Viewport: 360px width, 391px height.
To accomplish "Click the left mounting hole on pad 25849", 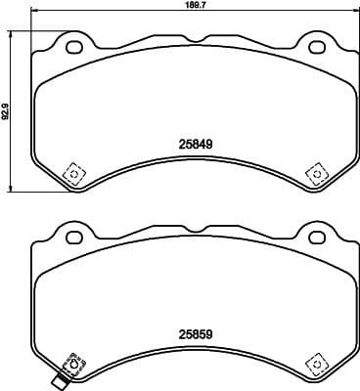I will tap(70, 45).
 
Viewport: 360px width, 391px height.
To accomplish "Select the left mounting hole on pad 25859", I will tap(70, 235).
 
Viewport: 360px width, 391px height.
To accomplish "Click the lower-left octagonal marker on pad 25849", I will tap(70, 173).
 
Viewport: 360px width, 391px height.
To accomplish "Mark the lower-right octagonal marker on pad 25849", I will tap(315, 173).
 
